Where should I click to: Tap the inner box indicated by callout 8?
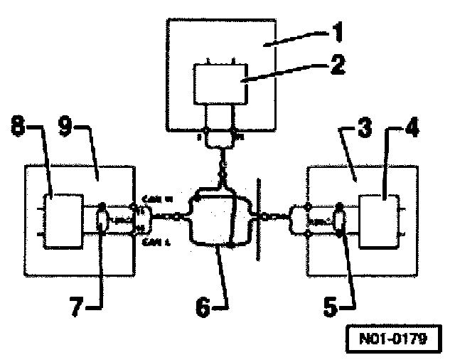point(63,216)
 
